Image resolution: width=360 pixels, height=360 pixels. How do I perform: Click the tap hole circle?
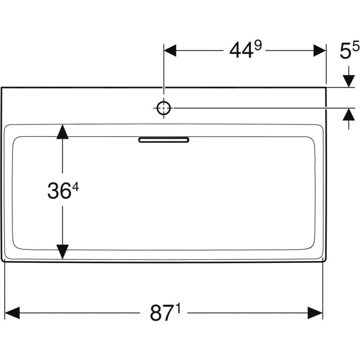164,108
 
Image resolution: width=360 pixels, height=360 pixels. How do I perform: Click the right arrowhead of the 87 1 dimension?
315,312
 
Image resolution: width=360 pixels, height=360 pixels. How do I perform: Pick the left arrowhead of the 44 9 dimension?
170,50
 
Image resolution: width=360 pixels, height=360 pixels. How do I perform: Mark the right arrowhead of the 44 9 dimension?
319,50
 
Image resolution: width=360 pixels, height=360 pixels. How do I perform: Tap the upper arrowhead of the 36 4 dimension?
62,132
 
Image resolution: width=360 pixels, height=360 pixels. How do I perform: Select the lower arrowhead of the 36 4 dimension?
62,251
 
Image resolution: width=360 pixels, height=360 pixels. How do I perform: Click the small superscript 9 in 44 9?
258,46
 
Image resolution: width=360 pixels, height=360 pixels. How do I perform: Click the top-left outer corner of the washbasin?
2,88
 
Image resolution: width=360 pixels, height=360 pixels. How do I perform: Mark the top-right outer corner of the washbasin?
326,88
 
